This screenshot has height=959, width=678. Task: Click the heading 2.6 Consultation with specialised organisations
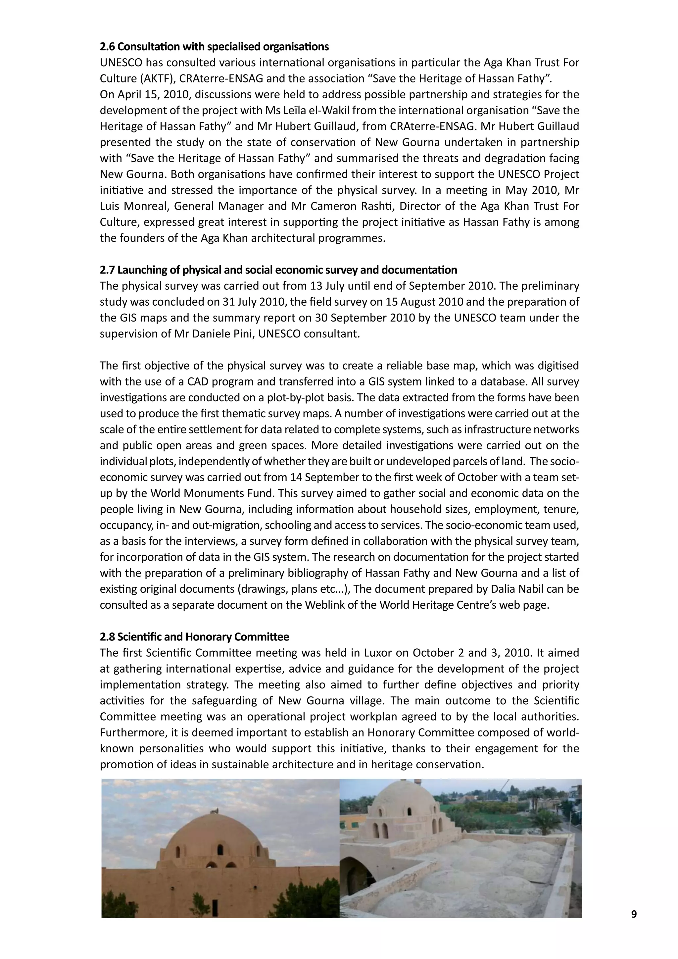coord(214,46)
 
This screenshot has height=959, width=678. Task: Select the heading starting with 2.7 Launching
coord(278,270)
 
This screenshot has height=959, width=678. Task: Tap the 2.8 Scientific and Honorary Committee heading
coord(194,636)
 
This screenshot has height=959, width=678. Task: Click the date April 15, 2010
coord(153,94)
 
